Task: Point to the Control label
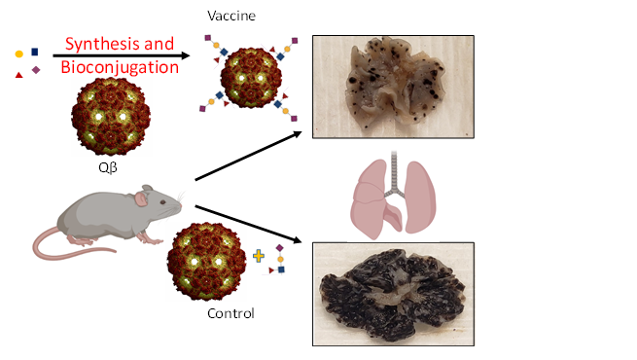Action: pos(230,313)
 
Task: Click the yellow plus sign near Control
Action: pos(259,257)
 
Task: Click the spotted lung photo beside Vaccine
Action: pos(392,85)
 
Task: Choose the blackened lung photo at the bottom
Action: pos(392,294)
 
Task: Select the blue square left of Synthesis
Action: pos(36,51)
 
